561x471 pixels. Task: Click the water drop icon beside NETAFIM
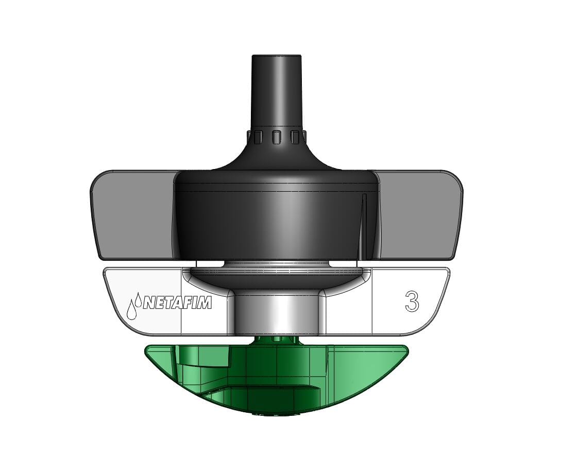133,307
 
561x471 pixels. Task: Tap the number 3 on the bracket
411,301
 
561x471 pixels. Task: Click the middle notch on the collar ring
277,137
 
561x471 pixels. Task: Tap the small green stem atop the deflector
278,340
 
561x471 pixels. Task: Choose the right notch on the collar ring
295,137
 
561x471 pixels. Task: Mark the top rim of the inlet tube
276,56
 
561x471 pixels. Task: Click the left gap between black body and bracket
208,263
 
